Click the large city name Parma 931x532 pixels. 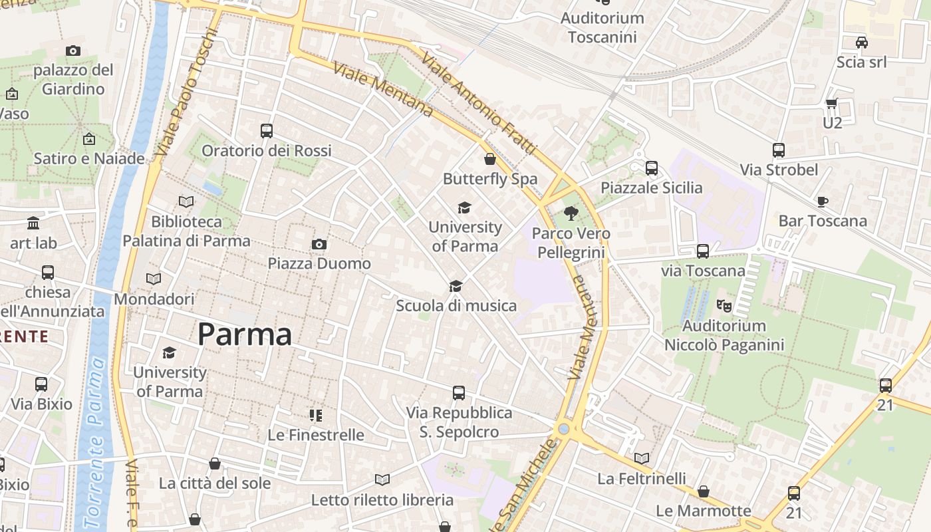[x=245, y=334]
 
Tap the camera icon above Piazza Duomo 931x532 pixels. [x=319, y=245]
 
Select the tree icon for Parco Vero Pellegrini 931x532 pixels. [x=571, y=213]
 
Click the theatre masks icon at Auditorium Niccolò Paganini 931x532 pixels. [x=724, y=306]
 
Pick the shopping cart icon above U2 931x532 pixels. [x=832, y=103]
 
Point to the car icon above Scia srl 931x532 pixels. [x=861, y=43]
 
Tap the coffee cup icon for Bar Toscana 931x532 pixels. [x=823, y=201]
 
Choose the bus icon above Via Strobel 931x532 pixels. [x=779, y=150]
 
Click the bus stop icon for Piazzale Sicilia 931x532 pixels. [x=652, y=168]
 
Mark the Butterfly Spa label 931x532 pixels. [x=490, y=179]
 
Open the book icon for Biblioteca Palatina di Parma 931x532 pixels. [x=186, y=201]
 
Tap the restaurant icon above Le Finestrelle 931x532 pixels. [x=316, y=416]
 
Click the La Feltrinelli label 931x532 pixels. [x=641, y=478]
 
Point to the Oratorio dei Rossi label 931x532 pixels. [x=266, y=151]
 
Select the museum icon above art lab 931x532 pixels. [x=33, y=223]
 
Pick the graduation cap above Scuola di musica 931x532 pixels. [x=456, y=286]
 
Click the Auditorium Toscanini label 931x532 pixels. [x=602, y=27]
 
